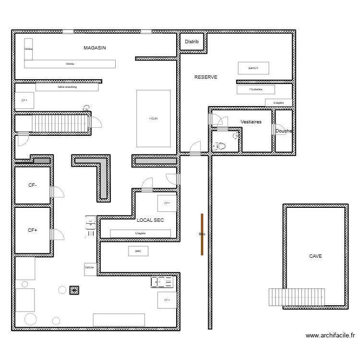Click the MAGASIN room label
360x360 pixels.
point(95,48)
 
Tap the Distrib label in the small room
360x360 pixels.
point(192,42)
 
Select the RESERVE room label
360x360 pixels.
point(205,77)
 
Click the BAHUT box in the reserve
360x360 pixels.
point(253,68)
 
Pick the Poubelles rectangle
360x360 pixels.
point(255,90)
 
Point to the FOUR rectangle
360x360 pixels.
point(154,119)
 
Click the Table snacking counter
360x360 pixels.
point(67,87)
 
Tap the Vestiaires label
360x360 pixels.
point(251,122)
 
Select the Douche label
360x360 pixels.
point(284,131)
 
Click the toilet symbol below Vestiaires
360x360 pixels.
point(221,145)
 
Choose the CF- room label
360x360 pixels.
point(33,185)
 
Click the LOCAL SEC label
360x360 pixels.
point(150,220)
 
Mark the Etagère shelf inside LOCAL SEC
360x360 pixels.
point(140,233)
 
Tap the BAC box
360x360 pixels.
point(138,251)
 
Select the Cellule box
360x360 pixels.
point(89,268)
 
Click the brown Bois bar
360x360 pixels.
point(202,234)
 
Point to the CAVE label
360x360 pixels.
point(315,256)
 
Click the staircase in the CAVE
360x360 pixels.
point(296,298)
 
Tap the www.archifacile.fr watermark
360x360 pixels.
point(330,336)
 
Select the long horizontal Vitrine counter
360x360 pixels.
point(70,64)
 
